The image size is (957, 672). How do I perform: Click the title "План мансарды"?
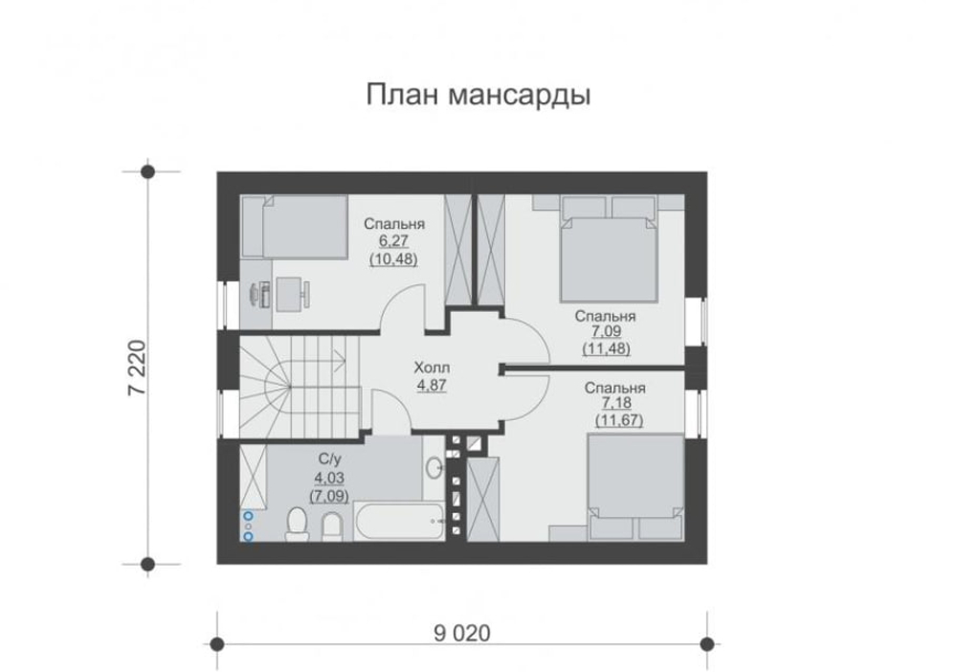click(478, 96)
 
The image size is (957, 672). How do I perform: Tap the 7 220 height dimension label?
click(136, 367)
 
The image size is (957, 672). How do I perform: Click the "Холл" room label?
click(432, 368)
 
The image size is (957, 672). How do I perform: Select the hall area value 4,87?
click(432, 385)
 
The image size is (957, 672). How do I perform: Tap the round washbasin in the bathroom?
click(434, 468)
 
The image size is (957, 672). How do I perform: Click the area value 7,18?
click(616, 404)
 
